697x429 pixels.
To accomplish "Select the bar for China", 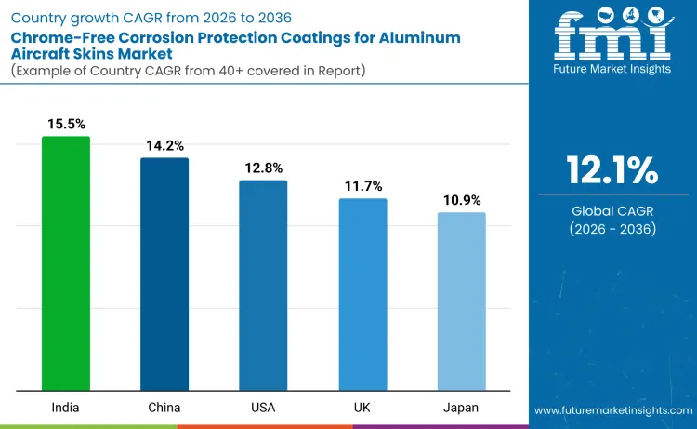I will [164, 275].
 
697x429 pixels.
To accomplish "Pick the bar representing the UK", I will [362, 294].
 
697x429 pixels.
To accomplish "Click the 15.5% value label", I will [66, 124].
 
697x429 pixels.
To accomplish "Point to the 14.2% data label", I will [164, 145].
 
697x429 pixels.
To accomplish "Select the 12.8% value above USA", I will [263, 168].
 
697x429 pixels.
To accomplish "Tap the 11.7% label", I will [362, 186].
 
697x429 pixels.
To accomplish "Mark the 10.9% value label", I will [461, 200].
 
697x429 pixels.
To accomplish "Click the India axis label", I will [66, 408].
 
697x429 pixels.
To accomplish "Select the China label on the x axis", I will [164, 408].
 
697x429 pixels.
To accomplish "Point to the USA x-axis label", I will [263, 408].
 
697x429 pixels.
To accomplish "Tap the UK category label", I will [362, 408].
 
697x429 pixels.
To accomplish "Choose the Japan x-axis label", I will [461, 408].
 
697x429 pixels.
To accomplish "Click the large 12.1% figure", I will [612, 171].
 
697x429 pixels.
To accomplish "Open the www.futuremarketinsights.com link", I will [613, 409].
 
